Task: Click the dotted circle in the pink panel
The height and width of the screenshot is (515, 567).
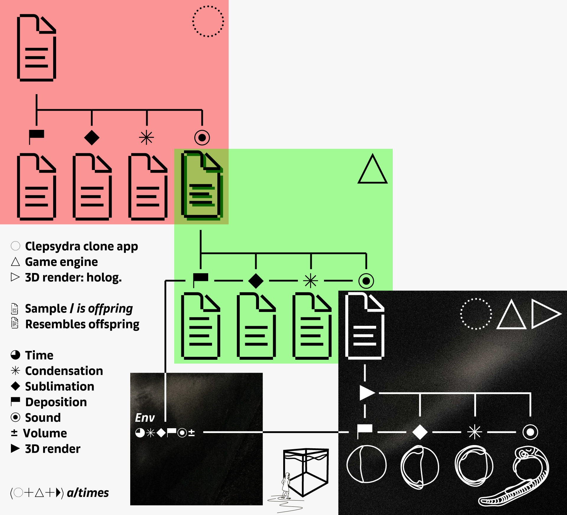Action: click(x=208, y=21)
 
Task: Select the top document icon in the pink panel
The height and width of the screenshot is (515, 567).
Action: click(x=36, y=48)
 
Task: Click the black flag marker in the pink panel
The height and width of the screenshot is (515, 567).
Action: click(x=36, y=136)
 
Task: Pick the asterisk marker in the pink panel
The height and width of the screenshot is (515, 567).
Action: click(x=146, y=138)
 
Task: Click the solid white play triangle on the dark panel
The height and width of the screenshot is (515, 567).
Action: click(x=366, y=393)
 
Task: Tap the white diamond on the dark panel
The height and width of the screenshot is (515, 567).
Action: click(x=420, y=432)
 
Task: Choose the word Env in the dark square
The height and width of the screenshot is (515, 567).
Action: click(x=145, y=418)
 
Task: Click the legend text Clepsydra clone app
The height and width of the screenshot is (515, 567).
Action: click(x=82, y=246)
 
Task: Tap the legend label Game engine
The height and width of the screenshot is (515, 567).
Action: click(x=61, y=262)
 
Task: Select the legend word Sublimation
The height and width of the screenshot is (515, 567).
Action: click(x=60, y=387)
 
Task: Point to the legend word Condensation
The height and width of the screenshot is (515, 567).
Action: click(x=64, y=371)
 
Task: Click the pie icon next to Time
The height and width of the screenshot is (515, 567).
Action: click(x=15, y=355)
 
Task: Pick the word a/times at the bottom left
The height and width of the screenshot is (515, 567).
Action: click(x=88, y=493)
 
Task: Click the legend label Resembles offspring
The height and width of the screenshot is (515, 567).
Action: click(x=82, y=324)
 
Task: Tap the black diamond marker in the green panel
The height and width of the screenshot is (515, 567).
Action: click(x=256, y=281)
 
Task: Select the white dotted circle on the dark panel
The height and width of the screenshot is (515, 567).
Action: click(x=476, y=314)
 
